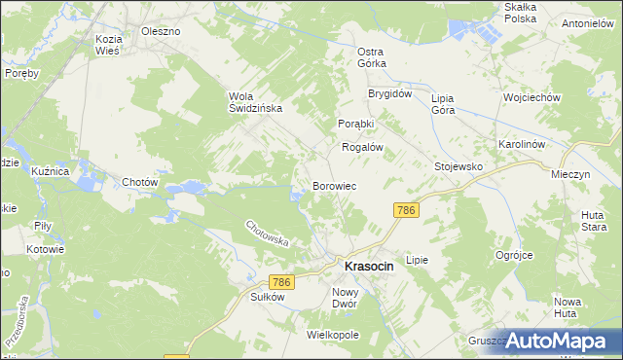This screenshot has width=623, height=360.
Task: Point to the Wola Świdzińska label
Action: pos(255,102)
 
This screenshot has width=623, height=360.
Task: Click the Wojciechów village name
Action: pos(531,98)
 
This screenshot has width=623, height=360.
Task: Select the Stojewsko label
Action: pos(458,166)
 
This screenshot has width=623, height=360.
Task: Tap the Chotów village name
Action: pos(139,182)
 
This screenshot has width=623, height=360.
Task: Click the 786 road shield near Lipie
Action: pos(407,210)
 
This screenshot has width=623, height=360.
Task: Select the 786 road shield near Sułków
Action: pos(281,281)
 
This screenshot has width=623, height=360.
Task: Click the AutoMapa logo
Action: pos(561,340)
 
